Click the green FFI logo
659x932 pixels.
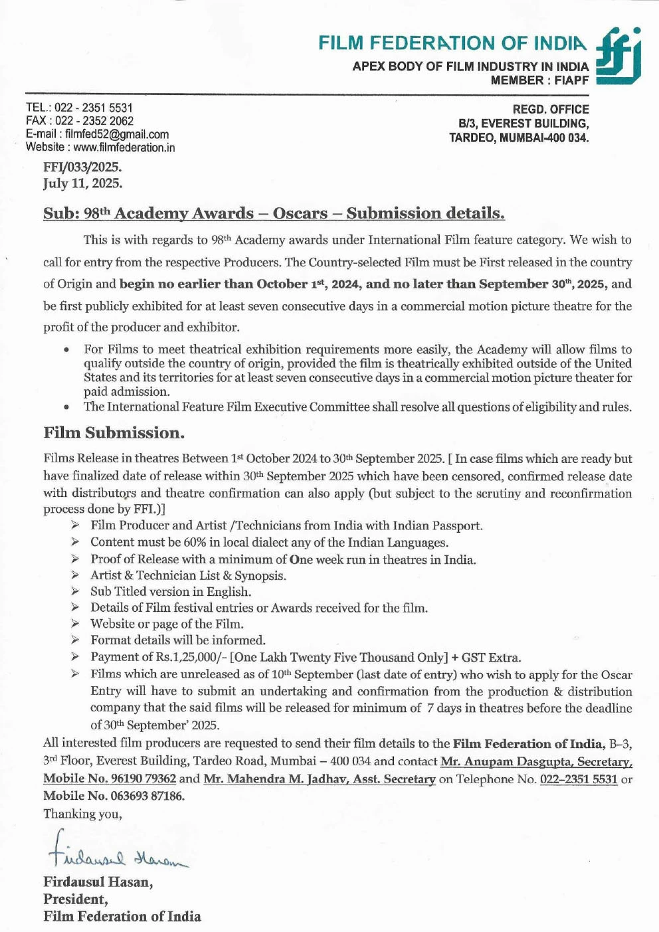pos(618,56)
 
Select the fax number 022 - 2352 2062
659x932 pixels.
pos(94,121)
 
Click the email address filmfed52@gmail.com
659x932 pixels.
pos(116,134)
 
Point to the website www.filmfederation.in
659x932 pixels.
pos(124,147)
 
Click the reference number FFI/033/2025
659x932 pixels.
pos(82,167)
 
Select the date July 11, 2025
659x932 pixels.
pos(82,183)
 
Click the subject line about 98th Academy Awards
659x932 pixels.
pos(274,213)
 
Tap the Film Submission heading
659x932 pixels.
pos(114,433)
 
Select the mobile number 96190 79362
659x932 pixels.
pos(143,779)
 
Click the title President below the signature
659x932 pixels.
pos(74,899)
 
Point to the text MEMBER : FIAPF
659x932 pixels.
pos(539,80)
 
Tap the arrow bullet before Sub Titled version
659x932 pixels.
pos(76,591)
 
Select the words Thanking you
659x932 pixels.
pos(82,814)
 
